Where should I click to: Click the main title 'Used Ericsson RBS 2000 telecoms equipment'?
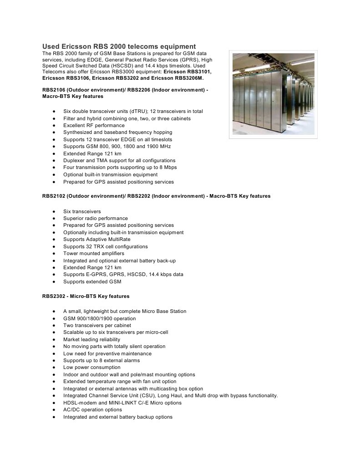tap(119, 46)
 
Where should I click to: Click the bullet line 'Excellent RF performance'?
tap(94, 125)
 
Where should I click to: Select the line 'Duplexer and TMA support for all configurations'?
tap(119, 160)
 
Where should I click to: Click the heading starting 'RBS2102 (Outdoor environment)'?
tap(156, 196)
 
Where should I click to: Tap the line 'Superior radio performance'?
tap(96, 218)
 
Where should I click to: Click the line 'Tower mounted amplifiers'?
tap(94, 253)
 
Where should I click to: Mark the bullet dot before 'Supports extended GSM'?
tap(54, 282)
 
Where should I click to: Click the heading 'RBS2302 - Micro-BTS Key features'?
tap(86, 296)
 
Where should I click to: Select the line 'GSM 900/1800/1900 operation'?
tap(100, 318)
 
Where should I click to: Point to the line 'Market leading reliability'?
tap(92, 339)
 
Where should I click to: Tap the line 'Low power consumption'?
tap(92, 367)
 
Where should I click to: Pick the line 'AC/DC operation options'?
tap(92, 410)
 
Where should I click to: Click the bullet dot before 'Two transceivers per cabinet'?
tap(54, 325)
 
